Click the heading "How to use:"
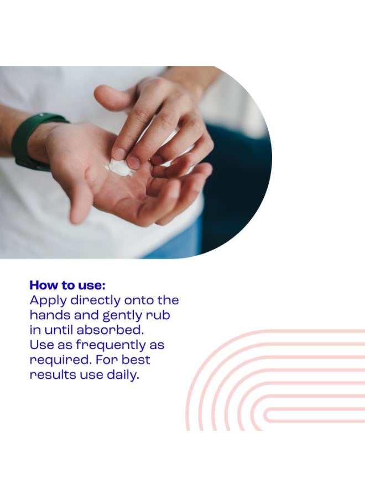(67, 285)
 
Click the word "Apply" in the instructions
(48, 301)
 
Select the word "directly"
(96, 301)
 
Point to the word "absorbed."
(110, 330)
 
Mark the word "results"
(53, 374)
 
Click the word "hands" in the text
(50, 315)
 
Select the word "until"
(59, 330)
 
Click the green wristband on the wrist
(30, 140)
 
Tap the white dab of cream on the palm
(119, 167)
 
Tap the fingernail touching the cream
(133, 162)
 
